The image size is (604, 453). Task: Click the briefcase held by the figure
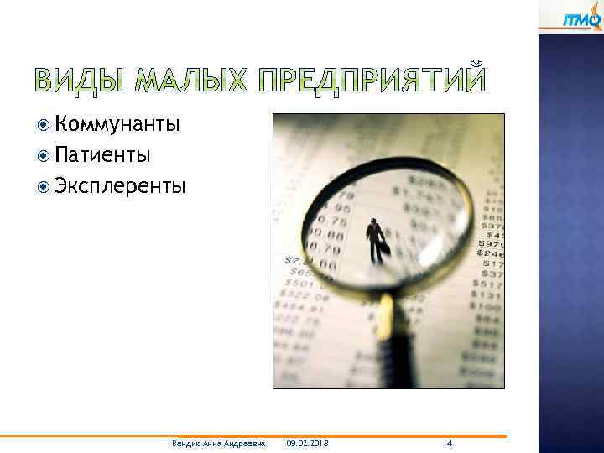click(x=383, y=249)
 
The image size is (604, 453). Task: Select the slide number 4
click(x=450, y=442)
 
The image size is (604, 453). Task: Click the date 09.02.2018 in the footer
click(x=307, y=443)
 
